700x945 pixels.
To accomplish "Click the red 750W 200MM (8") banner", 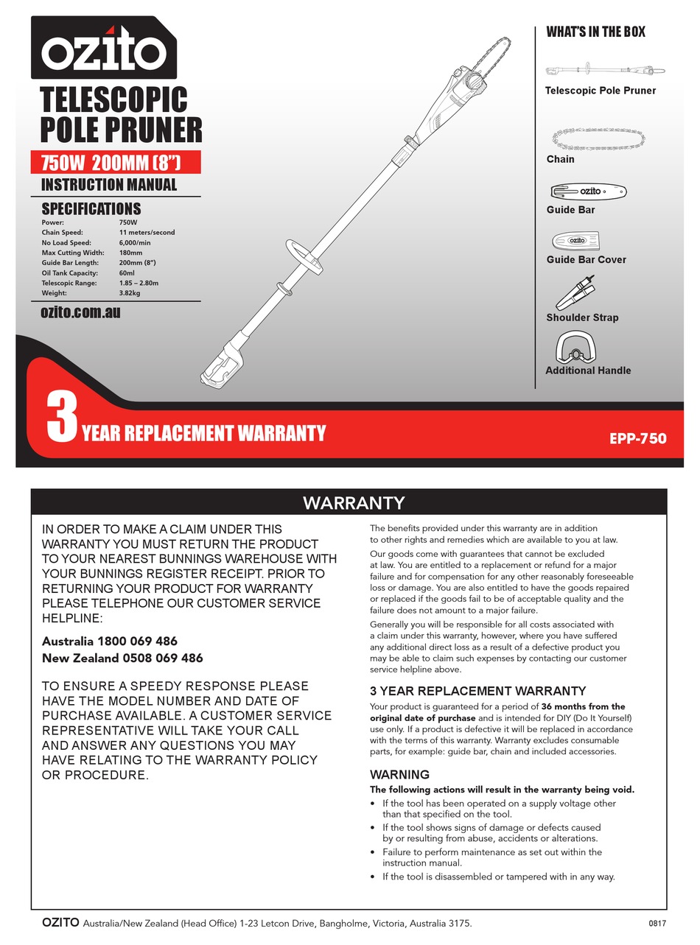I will [x=115, y=163].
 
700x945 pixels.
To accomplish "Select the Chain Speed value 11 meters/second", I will [x=147, y=232].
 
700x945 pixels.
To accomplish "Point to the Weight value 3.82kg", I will [x=130, y=292].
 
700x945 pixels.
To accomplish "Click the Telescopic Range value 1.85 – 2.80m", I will [x=139, y=283].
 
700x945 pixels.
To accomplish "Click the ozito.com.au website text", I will [x=80, y=312].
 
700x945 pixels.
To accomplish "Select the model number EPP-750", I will [x=637, y=438].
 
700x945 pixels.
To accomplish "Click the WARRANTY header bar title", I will [x=354, y=503].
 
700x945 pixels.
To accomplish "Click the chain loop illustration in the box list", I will [x=598, y=138].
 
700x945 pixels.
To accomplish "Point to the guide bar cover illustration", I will [x=578, y=241].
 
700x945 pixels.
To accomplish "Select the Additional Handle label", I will [x=587, y=370].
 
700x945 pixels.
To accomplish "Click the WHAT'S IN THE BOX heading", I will [x=595, y=32].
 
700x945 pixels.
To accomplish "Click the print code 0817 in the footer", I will [x=657, y=923].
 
